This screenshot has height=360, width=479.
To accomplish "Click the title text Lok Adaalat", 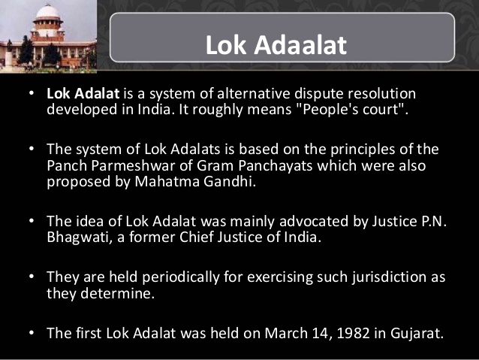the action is [x=276, y=45].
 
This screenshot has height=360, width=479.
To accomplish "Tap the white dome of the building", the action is [x=48, y=11].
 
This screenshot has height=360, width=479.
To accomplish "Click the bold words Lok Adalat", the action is [x=83, y=93].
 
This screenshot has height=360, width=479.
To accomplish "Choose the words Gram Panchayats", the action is [x=255, y=165].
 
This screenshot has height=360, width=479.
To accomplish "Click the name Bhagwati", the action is [x=78, y=237].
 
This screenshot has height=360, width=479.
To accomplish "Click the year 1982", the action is [x=353, y=333].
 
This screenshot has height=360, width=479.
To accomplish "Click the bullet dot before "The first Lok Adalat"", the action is [x=32, y=333].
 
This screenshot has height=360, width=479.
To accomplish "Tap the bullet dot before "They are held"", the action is [x=32, y=277].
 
